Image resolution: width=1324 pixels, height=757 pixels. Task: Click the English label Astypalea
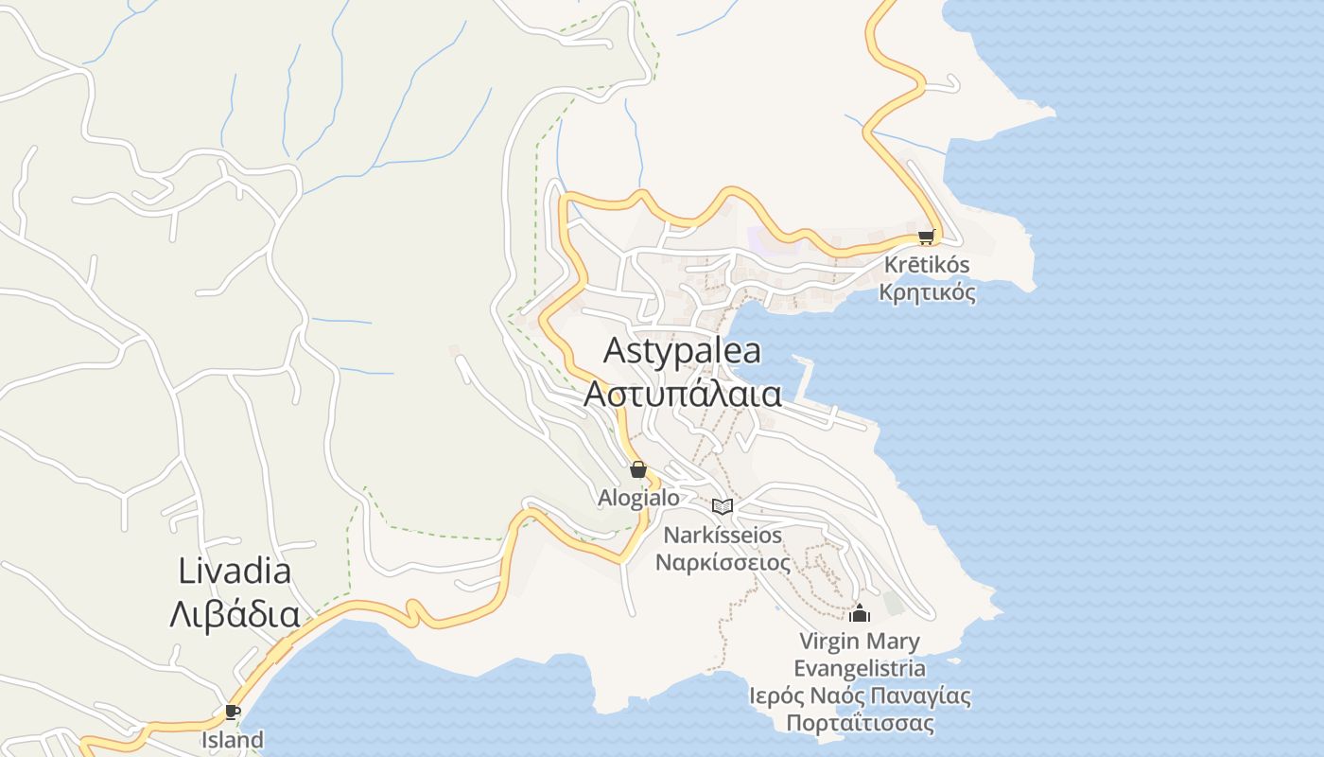(682, 351)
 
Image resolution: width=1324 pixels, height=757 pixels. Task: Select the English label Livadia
(235, 571)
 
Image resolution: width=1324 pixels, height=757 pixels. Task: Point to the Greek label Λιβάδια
(235, 614)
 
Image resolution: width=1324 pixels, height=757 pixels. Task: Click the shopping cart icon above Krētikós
(926, 237)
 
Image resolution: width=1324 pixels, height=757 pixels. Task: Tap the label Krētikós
(926, 265)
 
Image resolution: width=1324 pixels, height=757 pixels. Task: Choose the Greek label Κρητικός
(927, 292)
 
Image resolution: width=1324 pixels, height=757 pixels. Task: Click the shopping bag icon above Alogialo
(638, 469)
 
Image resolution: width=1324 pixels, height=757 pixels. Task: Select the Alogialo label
(638, 497)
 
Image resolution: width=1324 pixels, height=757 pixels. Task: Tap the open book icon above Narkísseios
(723, 506)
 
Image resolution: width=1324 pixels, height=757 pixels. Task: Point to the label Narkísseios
(723, 535)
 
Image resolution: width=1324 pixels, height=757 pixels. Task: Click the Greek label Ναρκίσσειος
(723, 562)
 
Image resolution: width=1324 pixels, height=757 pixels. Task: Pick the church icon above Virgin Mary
(859, 613)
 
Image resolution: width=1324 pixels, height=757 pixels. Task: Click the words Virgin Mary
(859, 642)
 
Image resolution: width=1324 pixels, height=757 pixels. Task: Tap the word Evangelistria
(859, 668)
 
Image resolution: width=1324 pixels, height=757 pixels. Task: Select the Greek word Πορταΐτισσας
(859, 724)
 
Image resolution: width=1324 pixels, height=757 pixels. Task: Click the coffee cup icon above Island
(233, 712)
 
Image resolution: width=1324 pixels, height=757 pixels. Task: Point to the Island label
(233, 739)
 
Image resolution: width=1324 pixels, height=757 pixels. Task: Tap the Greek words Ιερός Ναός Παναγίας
(859, 696)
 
